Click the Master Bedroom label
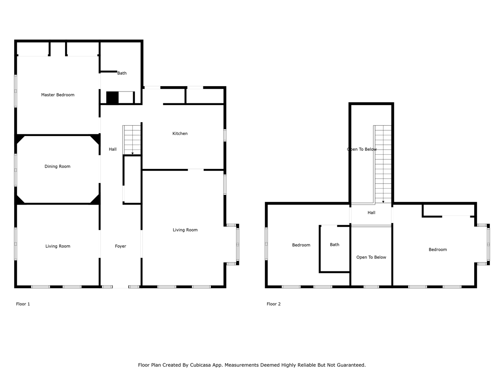(58, 95)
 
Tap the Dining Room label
(58, 166)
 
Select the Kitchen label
(180, 133)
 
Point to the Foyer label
(121, 246)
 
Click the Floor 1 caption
(23, 304)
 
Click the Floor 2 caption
(273, 304)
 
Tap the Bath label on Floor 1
(122, 73)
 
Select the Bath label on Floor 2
(335, 245)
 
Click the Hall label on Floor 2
(371, 213)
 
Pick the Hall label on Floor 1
(113, 149)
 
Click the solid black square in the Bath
(112, 97)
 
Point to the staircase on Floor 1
(131, 140)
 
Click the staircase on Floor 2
(382, 164)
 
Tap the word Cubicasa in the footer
(200, 365)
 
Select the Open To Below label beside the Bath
(371, 257)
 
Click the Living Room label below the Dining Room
(58, 246)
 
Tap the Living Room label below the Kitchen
(185, 230)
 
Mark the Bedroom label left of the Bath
(301, 245)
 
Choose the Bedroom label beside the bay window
(438, 249)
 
